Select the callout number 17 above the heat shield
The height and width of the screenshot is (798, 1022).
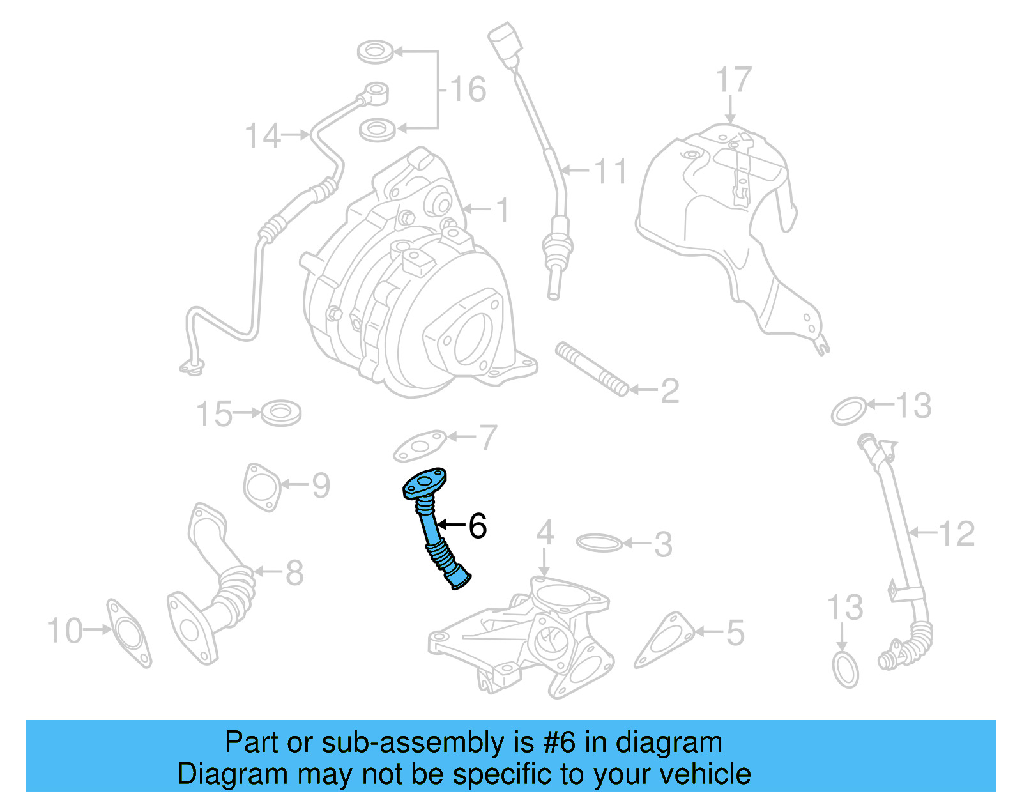[733, 81]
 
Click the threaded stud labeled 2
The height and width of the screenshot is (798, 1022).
[591, 369]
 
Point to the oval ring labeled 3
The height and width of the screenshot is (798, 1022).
[599, 543]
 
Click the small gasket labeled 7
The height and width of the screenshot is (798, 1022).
[419, 446]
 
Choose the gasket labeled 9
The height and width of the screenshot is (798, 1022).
[262, 487]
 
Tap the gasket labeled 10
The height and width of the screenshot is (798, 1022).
[130, 633]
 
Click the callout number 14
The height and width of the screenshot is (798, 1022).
[263, 136]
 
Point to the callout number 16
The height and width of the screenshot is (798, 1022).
[468, 89]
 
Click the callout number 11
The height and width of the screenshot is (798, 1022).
[611, 171]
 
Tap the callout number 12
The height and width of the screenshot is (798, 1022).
[956, 533]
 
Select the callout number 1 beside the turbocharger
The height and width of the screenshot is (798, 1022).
[503, 210]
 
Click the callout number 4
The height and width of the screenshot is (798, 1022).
[544, 532]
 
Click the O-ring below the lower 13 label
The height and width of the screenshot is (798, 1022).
[846, 669]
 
